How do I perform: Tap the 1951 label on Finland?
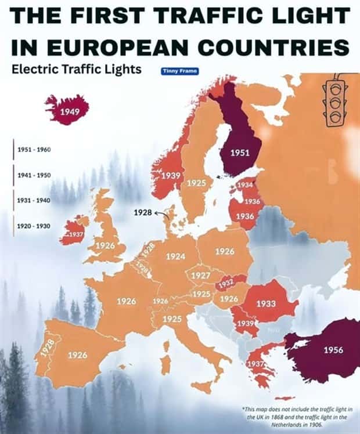(x=240, y=153)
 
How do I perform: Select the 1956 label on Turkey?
(x=333, y=350)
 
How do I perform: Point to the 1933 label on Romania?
(x=266, y=303)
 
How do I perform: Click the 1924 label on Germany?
(x=175, y=256)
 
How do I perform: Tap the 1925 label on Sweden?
(x=196, y=183)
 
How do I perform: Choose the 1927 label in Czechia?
(x=200, y=275)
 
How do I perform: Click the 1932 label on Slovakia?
(x=226, y=283)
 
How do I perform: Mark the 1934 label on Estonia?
(x=245, y=185)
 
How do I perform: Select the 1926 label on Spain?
(x=78, y=355)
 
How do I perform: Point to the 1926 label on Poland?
(x=225, y=252)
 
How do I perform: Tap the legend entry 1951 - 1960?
(x=34, y=150)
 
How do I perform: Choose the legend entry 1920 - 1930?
(x=34, y=226)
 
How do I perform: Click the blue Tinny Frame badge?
(x=179, y=71)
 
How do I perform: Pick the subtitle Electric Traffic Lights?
(x=77, y=70)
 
